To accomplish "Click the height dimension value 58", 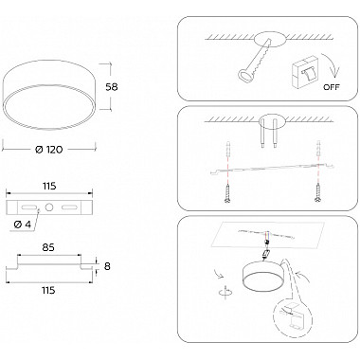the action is pyautogui.click(x=112, y=87).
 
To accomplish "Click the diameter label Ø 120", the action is pyautogui.click(x=49, y=150).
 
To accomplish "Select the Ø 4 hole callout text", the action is pyautogui.click(x=23, y=225).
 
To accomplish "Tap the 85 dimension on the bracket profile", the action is pyautogui.click(x=47, y=247).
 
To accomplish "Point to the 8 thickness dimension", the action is pyautogui.click(x=107, y=266).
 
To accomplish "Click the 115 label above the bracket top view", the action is pyautogui.click(x=49, y=186).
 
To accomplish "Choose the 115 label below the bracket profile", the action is pyautogui.click(x=48, y=290).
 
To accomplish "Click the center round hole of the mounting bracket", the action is pyautogui.click(x=49, y=207).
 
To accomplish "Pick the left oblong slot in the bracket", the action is pyautogui.click(x=28, y=207).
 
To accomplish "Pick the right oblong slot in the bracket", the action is pyautogui.click(x=69, y=207).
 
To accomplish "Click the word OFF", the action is pyautogui.click(x=332, y=87).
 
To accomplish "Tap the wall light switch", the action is pyautogui.click(x=305, y=72).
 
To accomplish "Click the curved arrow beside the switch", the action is pyautogui.click(x=331, y=65).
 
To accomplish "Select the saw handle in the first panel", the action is pyautogui.click(x=244, y=76).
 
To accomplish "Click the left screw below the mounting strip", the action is pyautogui.click(x=227, y=193).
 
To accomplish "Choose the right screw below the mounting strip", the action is pyautogui.click(x=317, y=193).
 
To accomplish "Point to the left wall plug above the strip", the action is pyautogui.click(x=228, y=150).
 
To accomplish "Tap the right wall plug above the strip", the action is pyautogui.click(x=318, y=148).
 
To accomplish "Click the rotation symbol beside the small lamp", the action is pyautogui.click(x=225, y=291).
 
